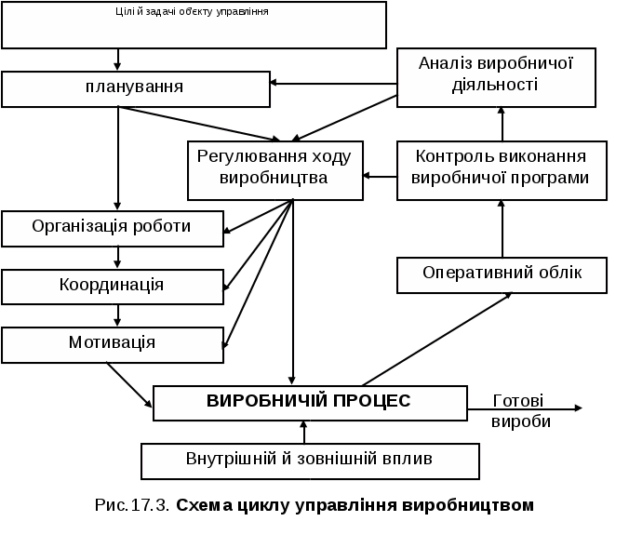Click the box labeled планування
tap(134, 88)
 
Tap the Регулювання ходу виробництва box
tap(274, 169)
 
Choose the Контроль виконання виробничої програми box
tap(502, 169)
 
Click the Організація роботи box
tap(112, 228)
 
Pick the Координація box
tap(112, 286)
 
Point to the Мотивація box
tap(112, 343)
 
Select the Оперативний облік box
tap(502, 274)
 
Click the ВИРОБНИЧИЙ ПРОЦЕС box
tap(309, 402)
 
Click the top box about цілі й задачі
tap(194, 25)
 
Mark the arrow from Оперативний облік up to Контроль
tap(502, 228)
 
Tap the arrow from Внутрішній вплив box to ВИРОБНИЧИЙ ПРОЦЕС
tap(303, 432)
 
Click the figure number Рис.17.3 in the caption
tap(131, 506)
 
